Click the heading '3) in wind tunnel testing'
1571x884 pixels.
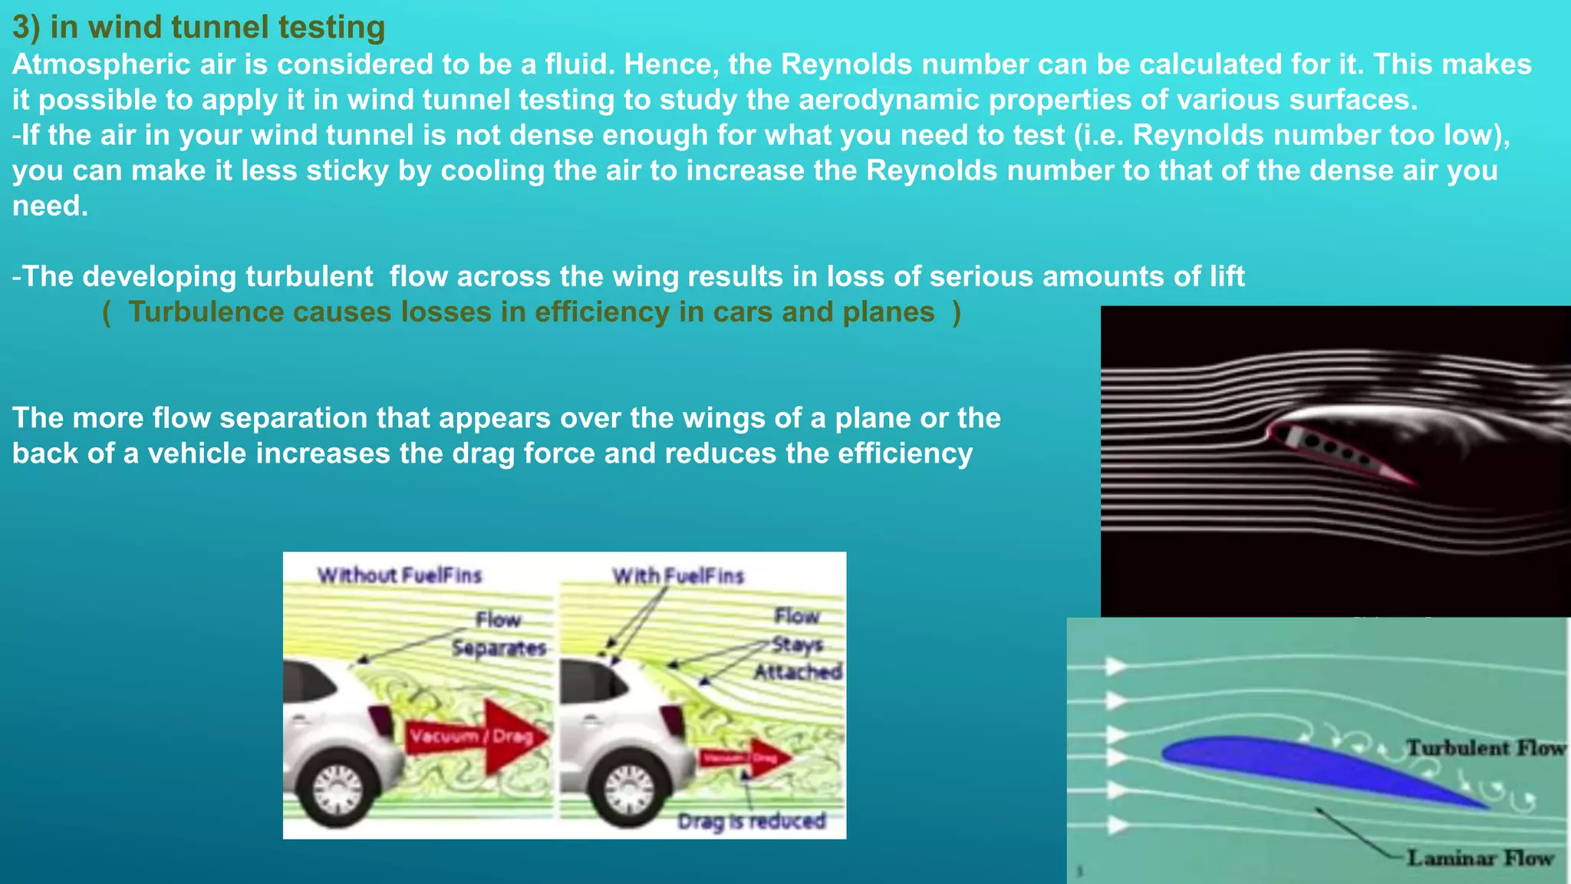[199, 28]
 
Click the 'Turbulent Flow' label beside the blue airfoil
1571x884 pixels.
[1485, 748]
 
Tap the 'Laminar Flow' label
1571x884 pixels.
[1480, 858]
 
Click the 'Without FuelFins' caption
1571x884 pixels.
[400, 576]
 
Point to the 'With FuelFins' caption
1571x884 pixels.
[678, 576]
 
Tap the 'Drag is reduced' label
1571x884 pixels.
[752, 822]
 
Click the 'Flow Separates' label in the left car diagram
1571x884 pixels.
[499, 634]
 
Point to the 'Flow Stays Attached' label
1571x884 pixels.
[798, 645]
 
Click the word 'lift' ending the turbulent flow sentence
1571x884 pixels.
[1227, 276]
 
